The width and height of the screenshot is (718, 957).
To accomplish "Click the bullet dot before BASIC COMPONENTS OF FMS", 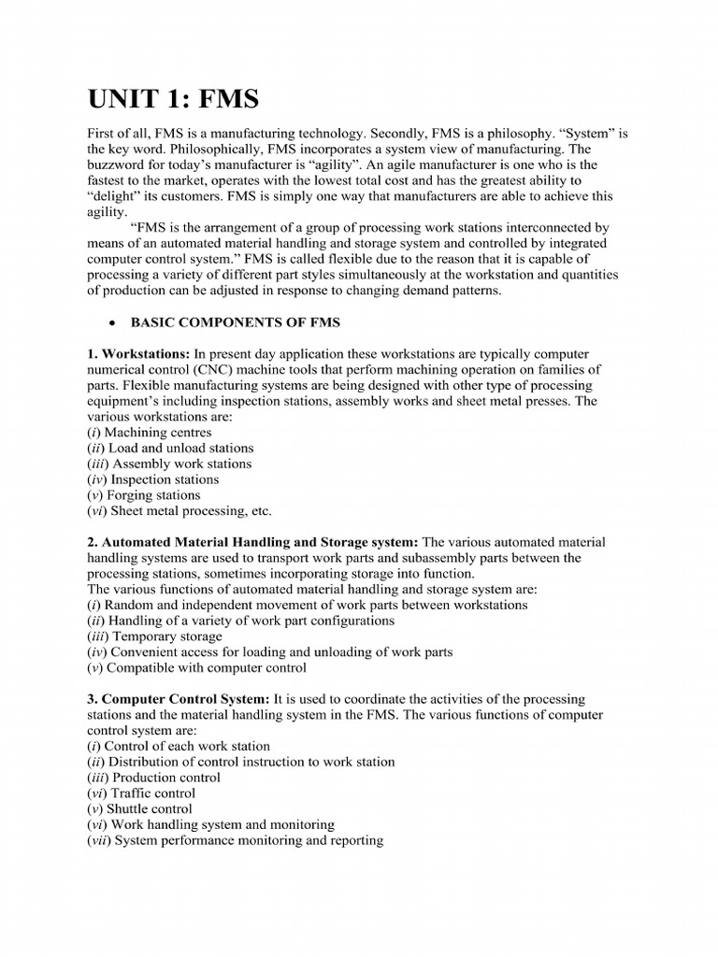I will click(x=112, y=323).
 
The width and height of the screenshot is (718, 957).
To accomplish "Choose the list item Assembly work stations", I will click(x=170, y=464).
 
